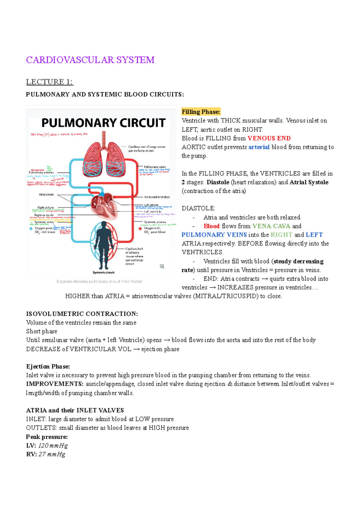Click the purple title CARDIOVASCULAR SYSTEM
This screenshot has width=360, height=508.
coord(90,60)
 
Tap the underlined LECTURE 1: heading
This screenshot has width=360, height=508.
coord(49,82)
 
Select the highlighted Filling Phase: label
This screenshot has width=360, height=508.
coord(201,112)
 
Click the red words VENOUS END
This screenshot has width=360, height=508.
coord(269,138)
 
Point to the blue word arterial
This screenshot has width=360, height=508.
coord(259,147)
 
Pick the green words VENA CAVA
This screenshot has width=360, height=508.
coord(271,226)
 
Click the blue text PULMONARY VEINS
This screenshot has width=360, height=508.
coord(214,235)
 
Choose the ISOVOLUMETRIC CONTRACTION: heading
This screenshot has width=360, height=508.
coord(82,314)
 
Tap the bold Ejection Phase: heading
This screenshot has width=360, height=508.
coord(48,366)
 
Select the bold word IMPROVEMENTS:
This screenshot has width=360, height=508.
coord(55,384)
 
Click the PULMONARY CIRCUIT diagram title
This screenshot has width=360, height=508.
coord(103,123)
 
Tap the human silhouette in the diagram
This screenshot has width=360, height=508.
coord(103,244)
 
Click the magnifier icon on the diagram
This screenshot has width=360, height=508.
coord(162,266)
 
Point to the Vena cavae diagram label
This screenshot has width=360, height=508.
coord(46,195)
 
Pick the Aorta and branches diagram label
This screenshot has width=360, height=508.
coord(157,197)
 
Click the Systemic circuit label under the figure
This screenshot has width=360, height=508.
coord(103,273)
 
